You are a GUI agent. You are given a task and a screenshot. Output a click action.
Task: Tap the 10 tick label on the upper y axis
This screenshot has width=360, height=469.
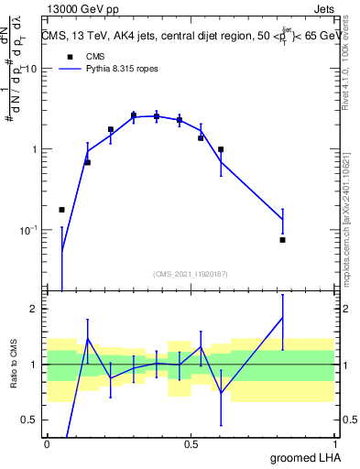coord(31,70)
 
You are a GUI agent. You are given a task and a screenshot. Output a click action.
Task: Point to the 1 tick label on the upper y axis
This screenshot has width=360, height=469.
coord(35,149)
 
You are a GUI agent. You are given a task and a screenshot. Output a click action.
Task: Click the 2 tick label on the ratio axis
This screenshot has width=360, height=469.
coord(36,309)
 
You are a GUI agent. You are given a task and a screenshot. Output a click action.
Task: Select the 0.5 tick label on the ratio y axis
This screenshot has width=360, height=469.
coord(31,420)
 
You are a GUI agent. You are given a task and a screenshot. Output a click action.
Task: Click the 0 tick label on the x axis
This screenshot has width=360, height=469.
coord(47,442)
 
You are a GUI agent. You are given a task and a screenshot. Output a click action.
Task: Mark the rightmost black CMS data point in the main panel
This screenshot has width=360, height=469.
coord(282,240)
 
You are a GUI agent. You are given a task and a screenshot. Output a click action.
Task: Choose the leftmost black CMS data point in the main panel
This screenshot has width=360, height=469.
coord(61,210)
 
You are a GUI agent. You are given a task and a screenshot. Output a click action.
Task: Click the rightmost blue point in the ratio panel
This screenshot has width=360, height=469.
coord(282,317)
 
